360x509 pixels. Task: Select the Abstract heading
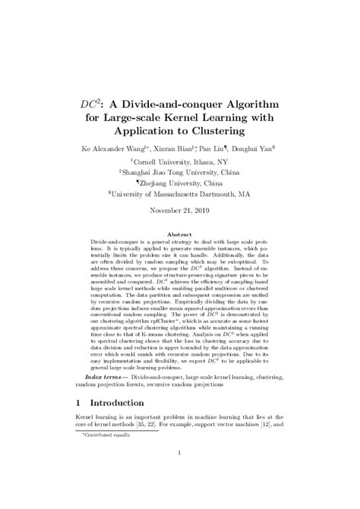(x=179, y=235)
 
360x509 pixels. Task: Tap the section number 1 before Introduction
(x=80, y=401)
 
